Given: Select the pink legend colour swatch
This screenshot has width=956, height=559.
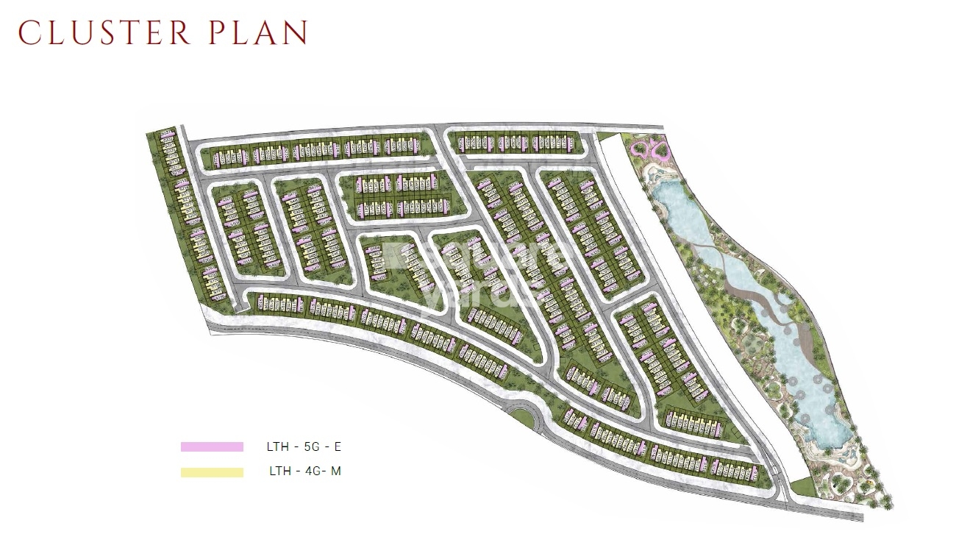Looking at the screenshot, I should pos(212,446).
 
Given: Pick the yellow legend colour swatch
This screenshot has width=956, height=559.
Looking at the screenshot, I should pos(212,472).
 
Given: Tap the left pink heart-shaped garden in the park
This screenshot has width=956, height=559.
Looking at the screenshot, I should pos(643,151).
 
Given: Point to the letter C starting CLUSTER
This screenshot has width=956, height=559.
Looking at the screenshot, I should pos(28,33).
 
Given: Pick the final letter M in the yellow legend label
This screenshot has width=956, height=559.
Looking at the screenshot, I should pos(335,472).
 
